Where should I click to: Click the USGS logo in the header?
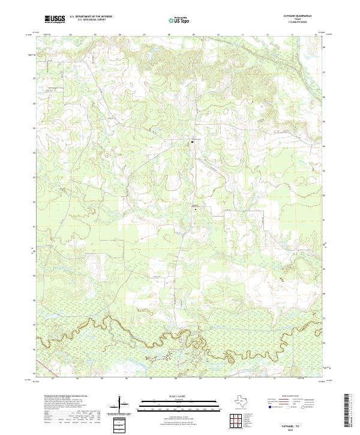(x=55, y=20)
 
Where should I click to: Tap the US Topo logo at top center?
(x=179, y=20)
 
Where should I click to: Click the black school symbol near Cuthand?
(x=193, y=142)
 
